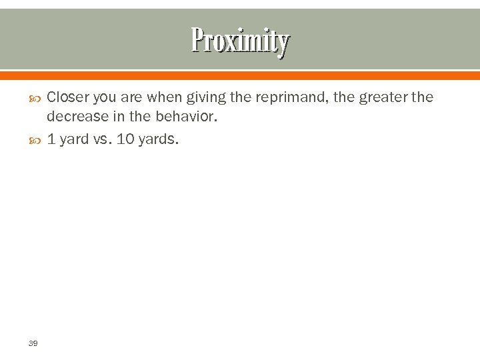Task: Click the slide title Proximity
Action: (240, 41)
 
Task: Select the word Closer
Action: (68, 97)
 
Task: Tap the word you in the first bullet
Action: (105, 98)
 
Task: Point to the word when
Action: (163, 97)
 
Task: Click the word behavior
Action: (189, 117)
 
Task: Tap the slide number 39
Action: (33, 343)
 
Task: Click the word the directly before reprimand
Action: (240, 97)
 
